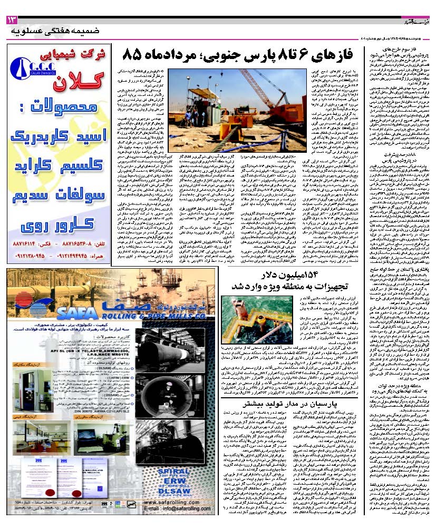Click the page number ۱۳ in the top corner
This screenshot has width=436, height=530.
coord(11,20)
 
